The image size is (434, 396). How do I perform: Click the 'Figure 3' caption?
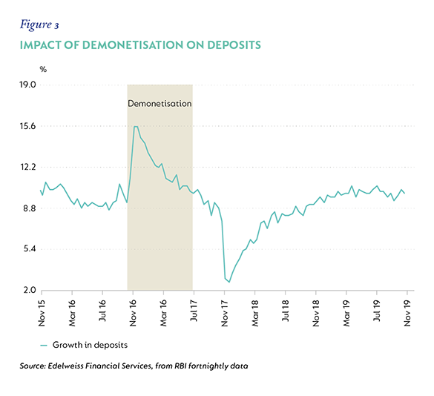click(x=39, y=25)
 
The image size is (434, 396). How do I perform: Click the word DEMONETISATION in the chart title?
click(x=133, y=45)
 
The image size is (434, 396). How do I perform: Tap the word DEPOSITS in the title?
click(x=234, y=45)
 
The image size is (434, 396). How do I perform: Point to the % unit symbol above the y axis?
click(x=43, y=69)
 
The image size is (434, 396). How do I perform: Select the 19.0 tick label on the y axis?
click(x=28, y=85)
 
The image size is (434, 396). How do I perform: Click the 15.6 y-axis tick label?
click(x=28, y=126)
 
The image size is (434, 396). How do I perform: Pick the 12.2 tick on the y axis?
click(x=28, y=167)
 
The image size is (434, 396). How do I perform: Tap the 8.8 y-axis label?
click(x=30, y=208)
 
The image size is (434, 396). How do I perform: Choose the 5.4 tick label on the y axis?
click(x=30, y=249)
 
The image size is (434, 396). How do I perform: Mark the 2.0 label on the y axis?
click(x=30, y=290)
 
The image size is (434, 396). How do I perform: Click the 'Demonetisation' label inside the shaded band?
click(x=160, y=104)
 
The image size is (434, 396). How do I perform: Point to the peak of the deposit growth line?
click(x=136, y=127)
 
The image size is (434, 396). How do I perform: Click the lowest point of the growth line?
click(x=229, y=282)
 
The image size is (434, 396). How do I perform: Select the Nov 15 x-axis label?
click(x=42, y=313)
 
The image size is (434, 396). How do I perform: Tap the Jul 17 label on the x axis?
click(x=194, y=311)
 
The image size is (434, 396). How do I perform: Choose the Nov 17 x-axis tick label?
click(x=225, y=313)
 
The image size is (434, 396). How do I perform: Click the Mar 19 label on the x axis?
click(x=346, y=313)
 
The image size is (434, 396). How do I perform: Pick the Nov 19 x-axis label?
click(x=407, y=313)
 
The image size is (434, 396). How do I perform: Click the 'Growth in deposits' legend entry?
click(x=84, y=345)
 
